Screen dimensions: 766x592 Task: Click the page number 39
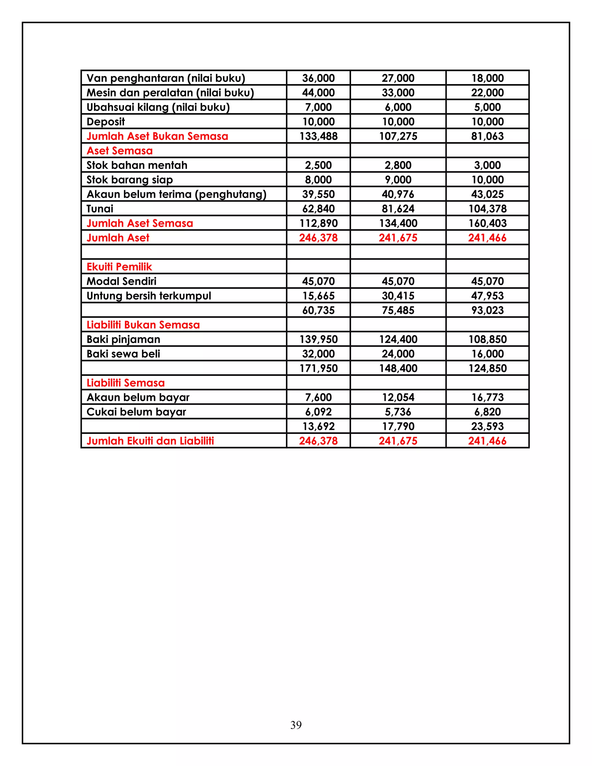pyautogui.click(x=296, y=725)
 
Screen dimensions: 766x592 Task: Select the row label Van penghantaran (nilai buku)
pyautogui.click(x=166, y=78)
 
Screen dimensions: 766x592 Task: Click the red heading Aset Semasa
pyautogui.click(x=120, y=151)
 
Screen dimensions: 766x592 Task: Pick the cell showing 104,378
pyautogui.click(x=487, y=209)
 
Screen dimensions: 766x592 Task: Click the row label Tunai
pyautogui.click(x=100, y=209)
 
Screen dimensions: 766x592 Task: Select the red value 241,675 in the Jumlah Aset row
pyautogui.click(x=398, y=238)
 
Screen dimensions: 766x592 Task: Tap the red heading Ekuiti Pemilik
pyautogui.click(x=119, y=267)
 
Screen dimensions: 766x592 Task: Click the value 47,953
pyautogui.click(x=487, y=296)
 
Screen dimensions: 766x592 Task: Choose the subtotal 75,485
pyautogui.click(x=398, y=310)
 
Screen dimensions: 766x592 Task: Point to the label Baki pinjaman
pyautogui.click(x=123, y=339)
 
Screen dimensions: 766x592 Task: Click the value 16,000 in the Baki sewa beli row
pyautogui.click(x=487, y=354)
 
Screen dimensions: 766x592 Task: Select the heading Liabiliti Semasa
pyautogui.click(x=125, y=383)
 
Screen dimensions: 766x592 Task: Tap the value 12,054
pyautogui.click(x=398, y=397)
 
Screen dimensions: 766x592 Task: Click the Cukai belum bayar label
pyautogui.click(x=136, y=412)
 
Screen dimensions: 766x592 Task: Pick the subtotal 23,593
pyautogui.click(x=487, y=426)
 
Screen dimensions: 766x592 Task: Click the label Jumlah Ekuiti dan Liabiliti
pyautogui.click(x=150, y=441)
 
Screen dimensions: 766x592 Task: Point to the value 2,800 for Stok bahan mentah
pyautogui.click(x=398, y=165)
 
